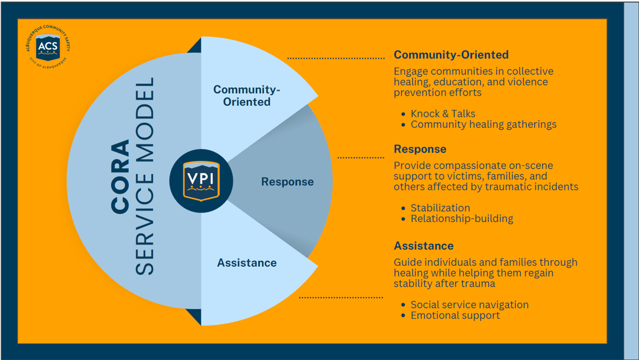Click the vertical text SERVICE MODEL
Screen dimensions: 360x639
point(144,176)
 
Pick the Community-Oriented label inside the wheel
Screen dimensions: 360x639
point(247,96)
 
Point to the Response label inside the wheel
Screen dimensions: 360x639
point(287,182)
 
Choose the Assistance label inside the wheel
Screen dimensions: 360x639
point(247,263)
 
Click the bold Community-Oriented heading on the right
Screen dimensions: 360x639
point(451,55)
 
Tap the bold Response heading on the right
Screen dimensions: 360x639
point(420,149)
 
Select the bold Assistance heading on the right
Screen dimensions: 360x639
point(424,246)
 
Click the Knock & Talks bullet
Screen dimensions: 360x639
point(443,114)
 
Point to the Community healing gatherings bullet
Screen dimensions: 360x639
point(483,125)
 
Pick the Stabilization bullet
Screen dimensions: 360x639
point(440,208)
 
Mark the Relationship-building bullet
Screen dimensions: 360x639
point(462,218)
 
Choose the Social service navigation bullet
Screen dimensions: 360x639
point(470,304)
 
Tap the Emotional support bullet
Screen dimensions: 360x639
point(455,315)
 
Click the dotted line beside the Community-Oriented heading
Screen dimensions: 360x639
point(336,58)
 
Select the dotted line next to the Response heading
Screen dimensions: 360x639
point(361,157)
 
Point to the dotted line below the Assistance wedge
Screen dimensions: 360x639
point(341,298)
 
